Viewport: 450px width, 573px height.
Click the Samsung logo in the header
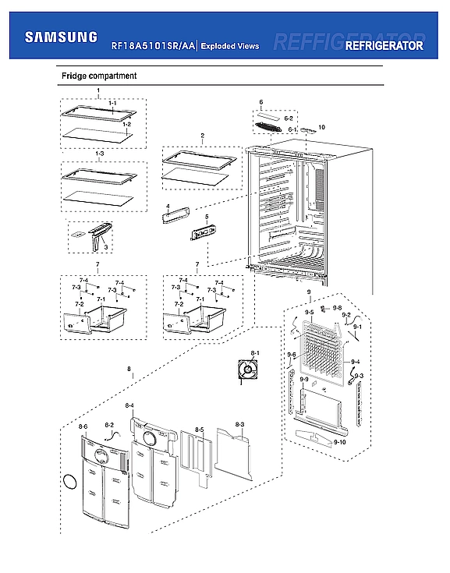[x=61, y=37]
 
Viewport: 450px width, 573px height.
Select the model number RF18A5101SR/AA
[x=152, y=47]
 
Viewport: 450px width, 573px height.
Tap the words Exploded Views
[x=230, y=47]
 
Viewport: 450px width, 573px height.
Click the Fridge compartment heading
[x=99, y=76]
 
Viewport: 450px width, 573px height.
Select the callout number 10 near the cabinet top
[x=321, y=126]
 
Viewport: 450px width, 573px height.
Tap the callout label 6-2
[x=288, y=118]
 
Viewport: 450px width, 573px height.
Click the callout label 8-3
[x=239, y=424]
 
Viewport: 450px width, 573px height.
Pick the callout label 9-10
[x=339, y=442]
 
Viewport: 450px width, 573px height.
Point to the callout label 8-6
[x=83, y=427]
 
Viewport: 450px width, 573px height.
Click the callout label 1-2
[x=127, y=125]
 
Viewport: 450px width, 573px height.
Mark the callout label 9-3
[x=360, y=376]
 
